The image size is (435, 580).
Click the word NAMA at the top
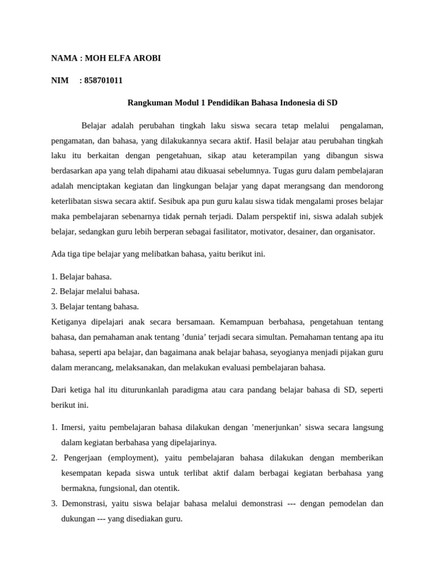click(64, 58)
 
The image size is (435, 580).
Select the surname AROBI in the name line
click(146, 58)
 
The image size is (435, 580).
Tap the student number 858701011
click(103, 80)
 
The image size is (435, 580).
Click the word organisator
click(355, 232)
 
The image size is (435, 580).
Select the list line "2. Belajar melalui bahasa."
click(95, 291)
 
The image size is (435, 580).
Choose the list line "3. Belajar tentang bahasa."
click(95, 306)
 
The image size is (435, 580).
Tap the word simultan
click(271, 337)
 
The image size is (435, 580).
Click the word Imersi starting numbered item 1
click(74, 427)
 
